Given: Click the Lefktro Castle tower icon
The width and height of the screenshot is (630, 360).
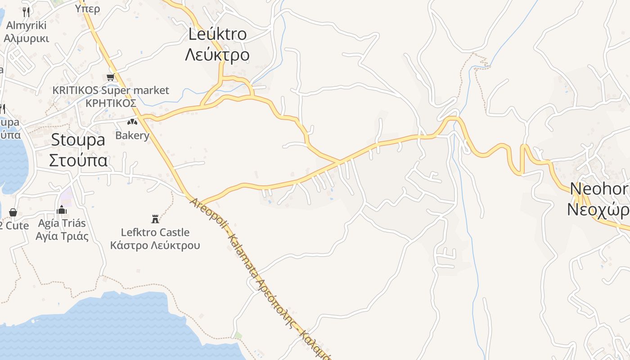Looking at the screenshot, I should pyautogui.click(x=155, y=219).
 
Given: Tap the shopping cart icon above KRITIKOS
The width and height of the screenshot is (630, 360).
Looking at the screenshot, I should pyautogui.click(x=111, y=77).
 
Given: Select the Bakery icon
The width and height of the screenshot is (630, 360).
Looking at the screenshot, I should pyautogui.click(x=132, y=122).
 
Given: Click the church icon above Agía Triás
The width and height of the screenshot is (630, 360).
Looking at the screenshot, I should pyautogui.click(x=62, y=210).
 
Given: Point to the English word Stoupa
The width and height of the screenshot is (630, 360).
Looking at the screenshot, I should pyautogui.click(x=78, y=139).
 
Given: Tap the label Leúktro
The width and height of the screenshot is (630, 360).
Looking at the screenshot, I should pyautogui.click(x=217, y=34).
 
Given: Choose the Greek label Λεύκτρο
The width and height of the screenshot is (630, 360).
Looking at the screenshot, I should pyautogui.click(x=217, y=54).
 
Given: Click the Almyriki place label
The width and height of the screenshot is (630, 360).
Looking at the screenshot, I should pyautogui.click(x=26, y=25).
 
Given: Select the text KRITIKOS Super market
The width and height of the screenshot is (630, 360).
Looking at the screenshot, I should pyautogui.click(x=111, y=90).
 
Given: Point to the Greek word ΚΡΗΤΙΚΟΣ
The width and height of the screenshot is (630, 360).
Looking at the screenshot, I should pyautogui.click(x=111, y=103).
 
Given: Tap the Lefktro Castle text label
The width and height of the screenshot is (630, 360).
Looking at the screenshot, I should pyautogui.click(x=155, y=233).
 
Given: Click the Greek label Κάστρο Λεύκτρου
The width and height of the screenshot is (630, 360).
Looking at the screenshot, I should pyautogui.click(x=155, y=246).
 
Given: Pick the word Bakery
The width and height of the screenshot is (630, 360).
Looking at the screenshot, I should pyautogui.click(x=132, y=135).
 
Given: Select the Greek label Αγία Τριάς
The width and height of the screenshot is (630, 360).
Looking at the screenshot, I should pyautogui.click(x=62, y=236).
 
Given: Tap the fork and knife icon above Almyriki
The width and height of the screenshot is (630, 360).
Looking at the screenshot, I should pyautogui.click(x=26, y=12).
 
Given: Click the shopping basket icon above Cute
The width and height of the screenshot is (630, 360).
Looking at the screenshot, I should pyautogui.click(x=13, y=212).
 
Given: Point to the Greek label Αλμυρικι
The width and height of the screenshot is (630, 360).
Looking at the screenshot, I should pyautogui.click(x=26, y=38).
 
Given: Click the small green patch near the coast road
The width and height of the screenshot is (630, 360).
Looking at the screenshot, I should pyautogui.click(x=238, y=336).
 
